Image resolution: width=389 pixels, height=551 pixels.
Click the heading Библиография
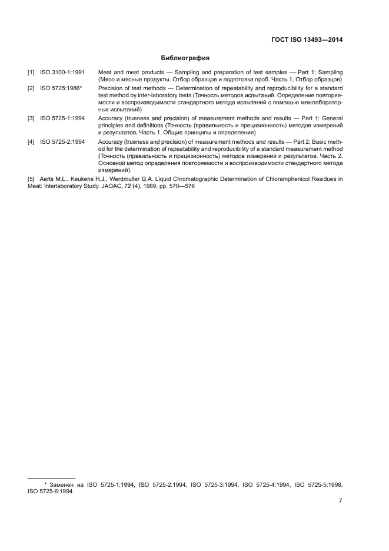pyautogui.click(x=185, y=58)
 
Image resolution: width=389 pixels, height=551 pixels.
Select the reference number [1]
pyautogui.click(x=31, y=72)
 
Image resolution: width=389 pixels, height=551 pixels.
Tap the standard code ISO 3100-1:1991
pyautogui.click(x=62, y=72)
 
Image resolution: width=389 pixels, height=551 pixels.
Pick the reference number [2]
pyautogui.click(x=31, y=88)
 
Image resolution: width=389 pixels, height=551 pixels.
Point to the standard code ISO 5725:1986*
pyautogui.click(x=61, y=88)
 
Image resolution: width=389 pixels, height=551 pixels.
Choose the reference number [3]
pyautogui.click(x=31, y=118)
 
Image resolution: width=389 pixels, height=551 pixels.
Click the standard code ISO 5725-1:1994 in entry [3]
pyautogui.click(x=62, y=118)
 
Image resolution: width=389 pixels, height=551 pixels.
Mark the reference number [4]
pyautogui.click(x=31, y=141)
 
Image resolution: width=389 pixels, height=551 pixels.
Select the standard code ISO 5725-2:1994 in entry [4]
pyautogui.click(x=62, y=141)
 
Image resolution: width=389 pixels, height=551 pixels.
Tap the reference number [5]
pyautogui.click(x=31, y=178)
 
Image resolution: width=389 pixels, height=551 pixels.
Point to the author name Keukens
pyautogui.click(x=83, y=178)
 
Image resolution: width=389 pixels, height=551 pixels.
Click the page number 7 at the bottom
pyautogui.click(x=341, y=501)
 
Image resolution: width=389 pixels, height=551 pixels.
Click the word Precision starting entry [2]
pyautogui.click(x=111, y=88)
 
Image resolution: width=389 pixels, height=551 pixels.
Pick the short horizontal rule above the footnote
pyautogui.click(x=51, y=478)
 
